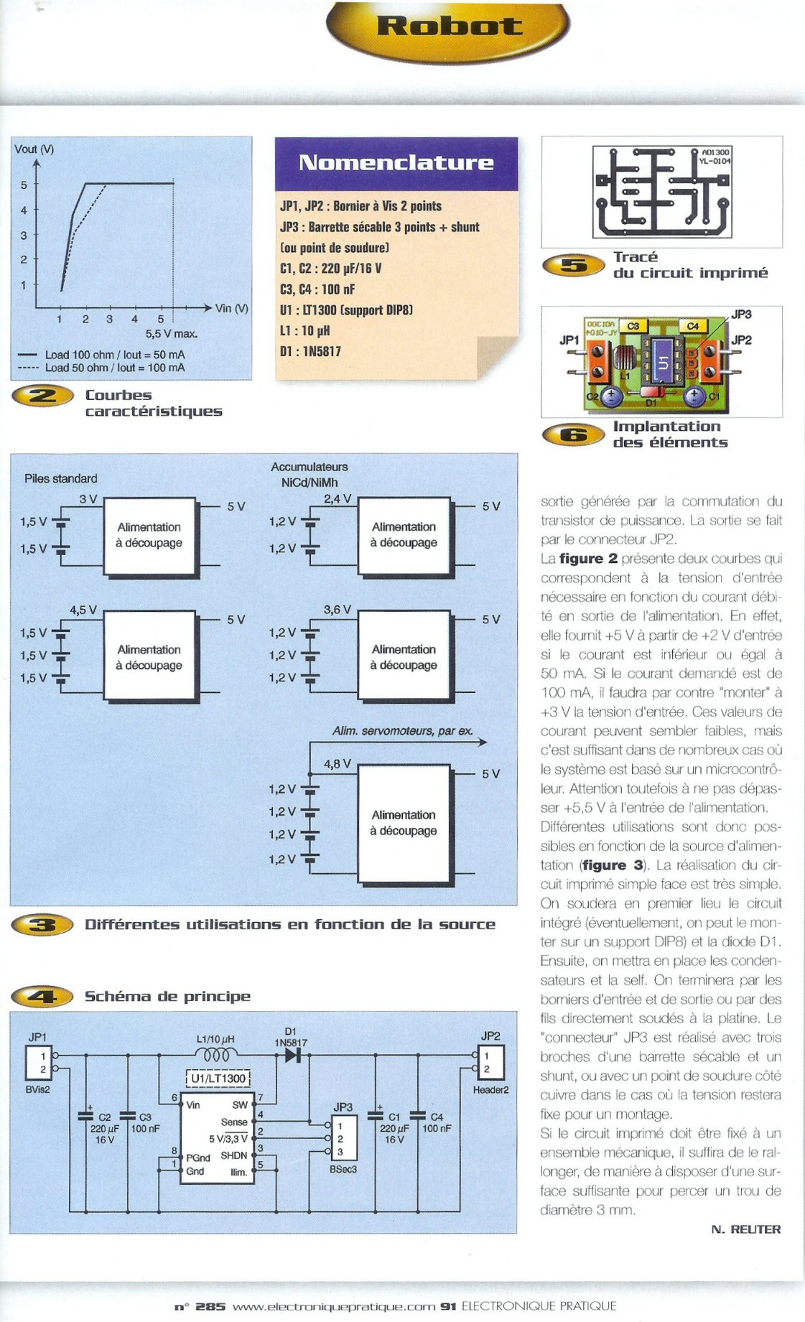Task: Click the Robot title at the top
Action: coord(450,26)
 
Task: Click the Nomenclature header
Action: coord(396,162)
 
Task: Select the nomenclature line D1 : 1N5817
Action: coord(310,351)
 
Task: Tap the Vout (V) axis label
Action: coord(34,149)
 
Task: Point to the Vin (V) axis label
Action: coord(232,308)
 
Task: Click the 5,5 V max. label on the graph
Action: coord(172,334)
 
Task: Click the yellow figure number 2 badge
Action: coord(42,396)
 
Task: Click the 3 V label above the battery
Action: coord(88,498)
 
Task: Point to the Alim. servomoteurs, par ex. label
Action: coord(403,731)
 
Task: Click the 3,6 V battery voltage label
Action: coord(338,610)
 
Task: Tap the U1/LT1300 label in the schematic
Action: coord(218,1079)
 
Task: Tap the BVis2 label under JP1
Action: coord(37,1089)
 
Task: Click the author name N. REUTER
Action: coord(746,1229)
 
